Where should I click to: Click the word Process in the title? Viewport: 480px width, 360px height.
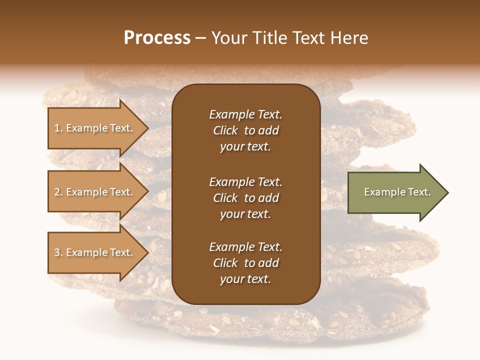pyautogui.click(x=157, y=38)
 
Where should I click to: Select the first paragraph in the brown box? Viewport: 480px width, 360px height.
pyautogui.click(x=245, y=130)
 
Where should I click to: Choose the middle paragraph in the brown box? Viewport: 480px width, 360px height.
pyautogui.click(x=245, y=198)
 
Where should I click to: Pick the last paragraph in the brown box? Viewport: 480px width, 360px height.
pyautogui.click(x=245, y=263)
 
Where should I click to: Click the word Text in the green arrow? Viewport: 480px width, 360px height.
pyautogui.click(x=419, y=192)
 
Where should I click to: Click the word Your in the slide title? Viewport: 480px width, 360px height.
pyautogui.click(x=228, y=38)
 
